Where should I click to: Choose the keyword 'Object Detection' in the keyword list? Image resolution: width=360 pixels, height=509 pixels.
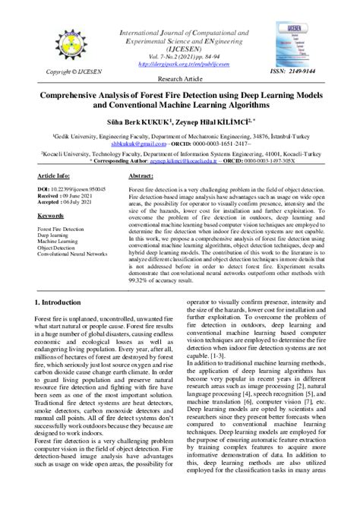pos(56,247)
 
